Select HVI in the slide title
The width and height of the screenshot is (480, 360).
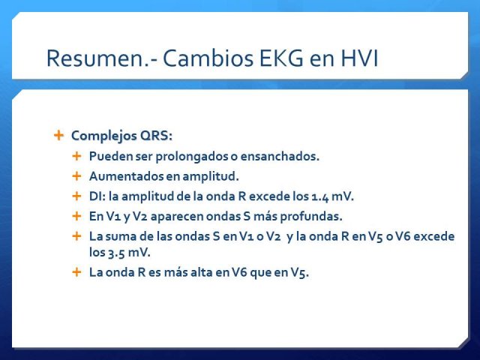(359, 58)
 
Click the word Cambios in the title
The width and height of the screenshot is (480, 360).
(208, 58)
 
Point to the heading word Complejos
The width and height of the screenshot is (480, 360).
(103, 136)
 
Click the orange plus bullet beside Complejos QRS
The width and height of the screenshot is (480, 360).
(58, 135)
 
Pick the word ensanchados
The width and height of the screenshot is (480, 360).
(280, 156)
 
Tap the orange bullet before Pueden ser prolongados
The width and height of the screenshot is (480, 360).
(76, 156)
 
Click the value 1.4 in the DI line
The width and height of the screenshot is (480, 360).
(320, 196)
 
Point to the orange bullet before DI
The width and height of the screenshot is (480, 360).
(76, 196)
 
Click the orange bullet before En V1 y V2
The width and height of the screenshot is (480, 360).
(76, 216)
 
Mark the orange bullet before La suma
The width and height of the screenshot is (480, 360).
(76, 236)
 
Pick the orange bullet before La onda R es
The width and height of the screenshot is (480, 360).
(76, 271)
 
